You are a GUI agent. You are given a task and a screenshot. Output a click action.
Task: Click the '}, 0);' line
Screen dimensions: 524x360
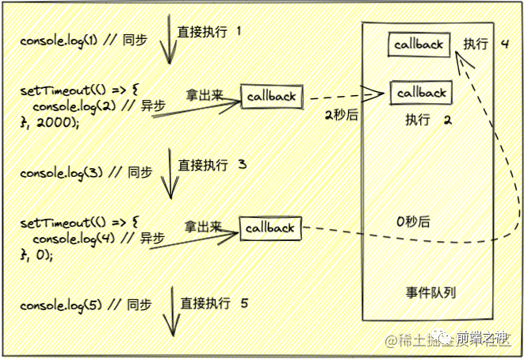[38, 254]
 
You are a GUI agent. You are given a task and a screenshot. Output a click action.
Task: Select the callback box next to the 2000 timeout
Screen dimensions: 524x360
[271, 97]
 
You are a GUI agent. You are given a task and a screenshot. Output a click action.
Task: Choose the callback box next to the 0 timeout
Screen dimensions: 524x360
[270, 228]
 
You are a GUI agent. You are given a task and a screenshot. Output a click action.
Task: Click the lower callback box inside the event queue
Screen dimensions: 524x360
[422, 93]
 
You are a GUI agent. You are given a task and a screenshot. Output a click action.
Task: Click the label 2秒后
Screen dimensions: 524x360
[341, 116]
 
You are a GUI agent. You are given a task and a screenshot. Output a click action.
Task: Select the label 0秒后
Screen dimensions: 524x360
[415, 222]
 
